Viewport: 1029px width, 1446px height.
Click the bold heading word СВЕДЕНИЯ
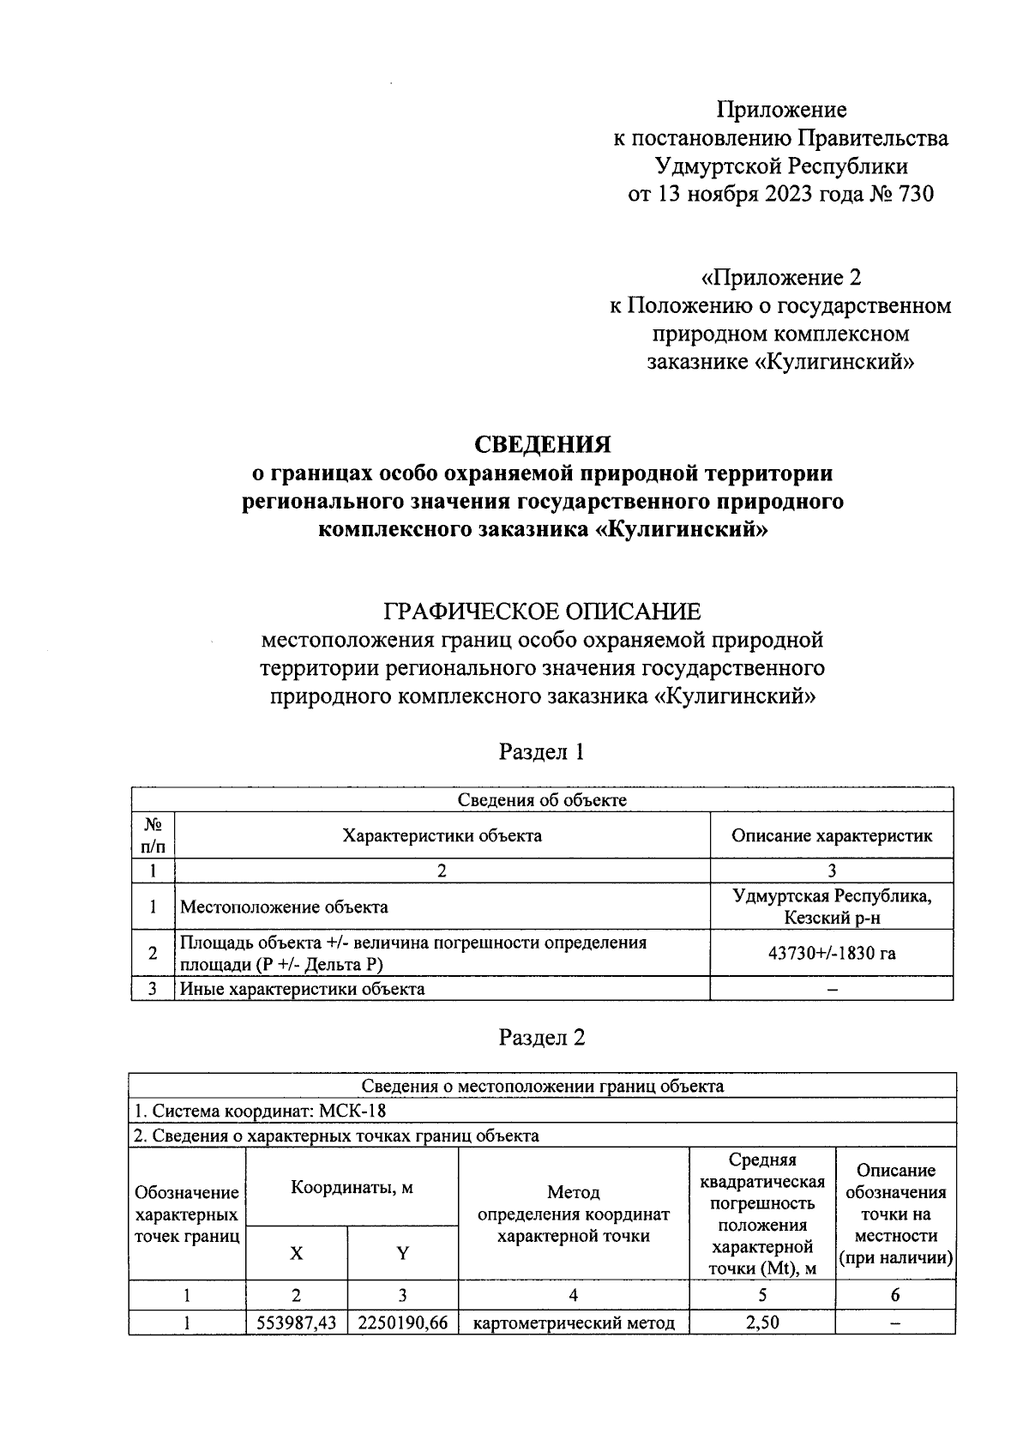(x=543, y=444)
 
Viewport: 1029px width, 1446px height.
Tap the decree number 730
(x=915, y=194)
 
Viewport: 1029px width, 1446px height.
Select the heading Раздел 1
(x=542, y=752)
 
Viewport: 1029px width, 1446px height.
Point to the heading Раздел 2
(x=542, y=1038)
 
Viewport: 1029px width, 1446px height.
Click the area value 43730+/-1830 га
(x=831, y=953)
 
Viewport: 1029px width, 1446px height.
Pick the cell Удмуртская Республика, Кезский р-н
(x=831, y=907)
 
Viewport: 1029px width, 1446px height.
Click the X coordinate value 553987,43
(x=297, y=1322)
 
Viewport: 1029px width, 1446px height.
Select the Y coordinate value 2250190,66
(x=403, y=1322)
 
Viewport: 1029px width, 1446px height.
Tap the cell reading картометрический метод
(x=574, y=1322)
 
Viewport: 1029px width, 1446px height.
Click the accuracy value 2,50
(x=761, y=1322)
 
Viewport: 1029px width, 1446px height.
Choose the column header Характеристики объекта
(x=442, y=835)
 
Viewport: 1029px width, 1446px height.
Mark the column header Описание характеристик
(x=831, y=835)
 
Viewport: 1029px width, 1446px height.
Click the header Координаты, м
(x=352, y=1188)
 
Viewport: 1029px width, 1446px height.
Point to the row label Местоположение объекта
(x=284, y=907)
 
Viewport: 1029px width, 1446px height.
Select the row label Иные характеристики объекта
(x=303, y=989)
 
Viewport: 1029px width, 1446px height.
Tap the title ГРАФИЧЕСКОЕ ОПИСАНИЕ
(x=542, y=612)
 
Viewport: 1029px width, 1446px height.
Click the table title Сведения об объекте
(x=542, y=800)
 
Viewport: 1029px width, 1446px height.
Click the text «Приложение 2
(x=780, y=278)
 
